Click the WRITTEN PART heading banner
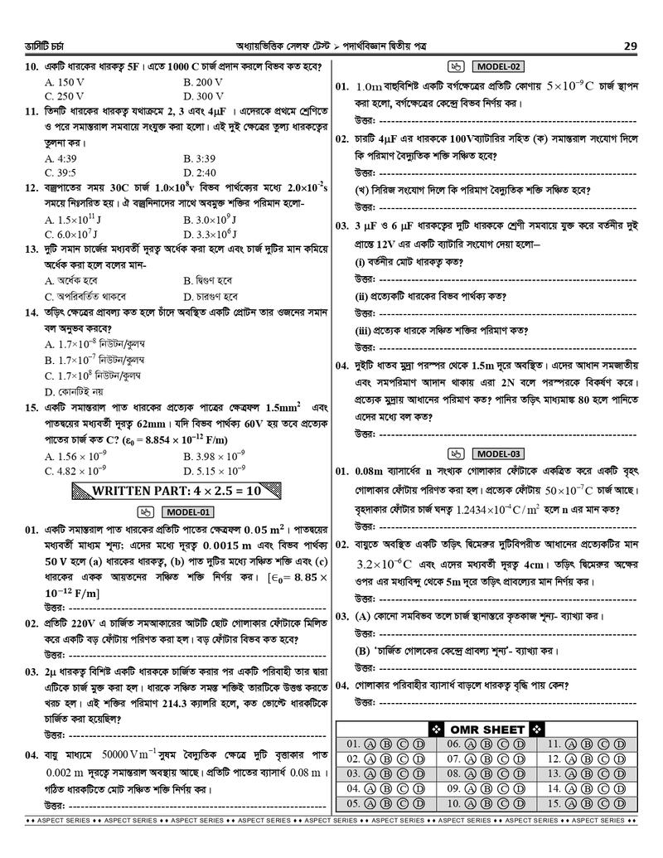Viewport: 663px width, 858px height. tap(179, 491)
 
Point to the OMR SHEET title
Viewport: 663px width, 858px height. tap(486, 730)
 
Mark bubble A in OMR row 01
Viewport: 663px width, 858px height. tap(370, 744)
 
